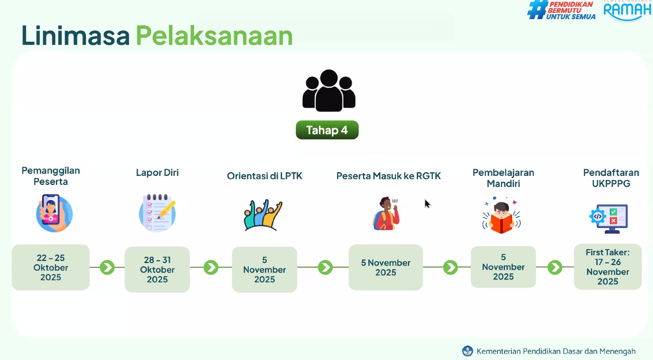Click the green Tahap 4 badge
click(327, 130)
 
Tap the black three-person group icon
click(329, 91)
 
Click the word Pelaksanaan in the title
click(214, 36)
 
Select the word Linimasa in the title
click(76, 36)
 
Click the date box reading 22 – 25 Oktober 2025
click(51, 267)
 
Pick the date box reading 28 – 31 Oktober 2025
click(157, 269)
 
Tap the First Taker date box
click(608, 267)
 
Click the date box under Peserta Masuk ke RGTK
click(386, 267)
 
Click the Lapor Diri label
click(157, 173)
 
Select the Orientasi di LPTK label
click(264, 176)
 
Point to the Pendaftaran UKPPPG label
click(611, 178)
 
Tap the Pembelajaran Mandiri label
click(503, 178)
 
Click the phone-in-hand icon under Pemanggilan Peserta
click(54, 213)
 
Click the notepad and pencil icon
click(158, 213)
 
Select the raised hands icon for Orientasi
click(263, 215)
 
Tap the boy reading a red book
click(502, 216)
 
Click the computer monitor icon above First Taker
click(609, 218)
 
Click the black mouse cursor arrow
click(428, 204)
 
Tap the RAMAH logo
click(627, 11)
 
